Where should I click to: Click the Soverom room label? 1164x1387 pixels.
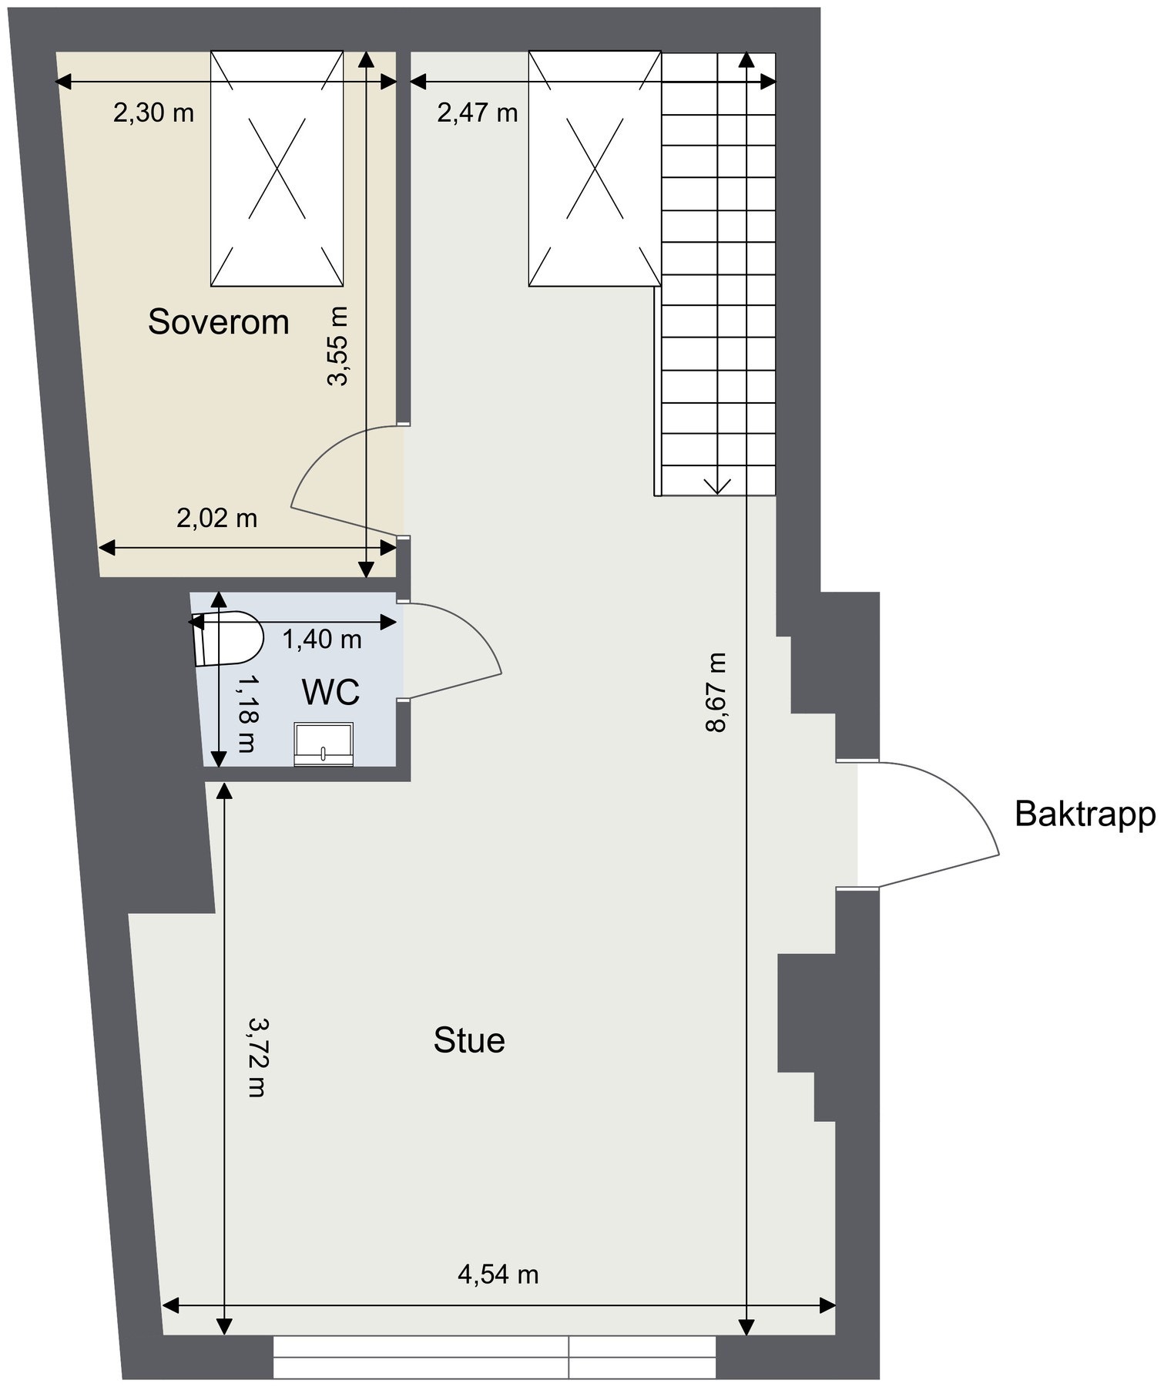pyautogui.click(x=218, y=321)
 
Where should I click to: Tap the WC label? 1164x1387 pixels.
pyautogui.click(x=330, y=693)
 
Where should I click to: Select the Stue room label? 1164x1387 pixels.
pyautogui.click(x=469, y=1040)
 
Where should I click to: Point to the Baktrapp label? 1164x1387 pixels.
pyautogui.click(x=1085, y=814)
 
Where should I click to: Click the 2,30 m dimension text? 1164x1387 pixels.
pyautogui.click(x=153, y=113)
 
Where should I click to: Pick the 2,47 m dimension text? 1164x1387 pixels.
pyautogui.click(x=478, y=113)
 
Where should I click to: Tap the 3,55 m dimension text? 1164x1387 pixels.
pyautogui.click(x=338, y=345)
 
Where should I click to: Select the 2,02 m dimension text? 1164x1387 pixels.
pyautogui.click(x=216, y=518)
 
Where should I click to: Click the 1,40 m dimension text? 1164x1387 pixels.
pyautogui.click(x=322, y=639)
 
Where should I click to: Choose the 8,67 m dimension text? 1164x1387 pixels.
pyautogui.click(x=716, y=693)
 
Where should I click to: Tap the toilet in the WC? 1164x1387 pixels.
pyautogui.click(x=228, y=638)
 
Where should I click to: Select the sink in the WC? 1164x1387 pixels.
pyautogui.click(x=324, y=744)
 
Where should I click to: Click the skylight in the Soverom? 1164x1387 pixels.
pyautogui.click(x=277, y=169)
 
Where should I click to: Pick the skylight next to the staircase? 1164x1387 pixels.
pyautogui.click(x=594, y=169)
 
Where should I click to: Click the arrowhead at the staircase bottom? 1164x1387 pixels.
pyautogui.click(x=717, y=485)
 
